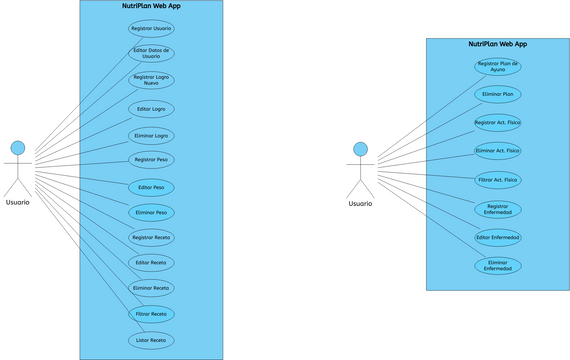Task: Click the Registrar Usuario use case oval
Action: coord(151,28)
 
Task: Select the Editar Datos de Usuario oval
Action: coord(151,54)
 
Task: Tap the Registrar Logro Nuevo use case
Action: coord(151,80)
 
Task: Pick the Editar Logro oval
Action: coord(151,108)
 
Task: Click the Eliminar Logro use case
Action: coord(151,135)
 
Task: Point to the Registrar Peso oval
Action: coord(151,160)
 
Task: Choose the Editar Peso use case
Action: coord(151,187)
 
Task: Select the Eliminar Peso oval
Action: coord(151,212)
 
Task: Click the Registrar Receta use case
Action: coord(151,238)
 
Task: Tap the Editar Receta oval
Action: coord(151,263)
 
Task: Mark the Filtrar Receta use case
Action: coord(151,314)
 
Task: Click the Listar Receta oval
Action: coord(151,340)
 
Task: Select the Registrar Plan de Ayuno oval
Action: coord(497,66)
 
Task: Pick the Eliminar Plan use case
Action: coord(497,94)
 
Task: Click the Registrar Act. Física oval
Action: coord(497,122)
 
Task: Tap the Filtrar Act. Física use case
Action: coord(497,180)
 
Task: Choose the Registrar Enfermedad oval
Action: coord(497,209)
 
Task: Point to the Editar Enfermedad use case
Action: coord(497,237)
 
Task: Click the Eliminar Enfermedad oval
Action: coord(497,266)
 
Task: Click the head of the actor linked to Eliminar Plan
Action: coord(360,149)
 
